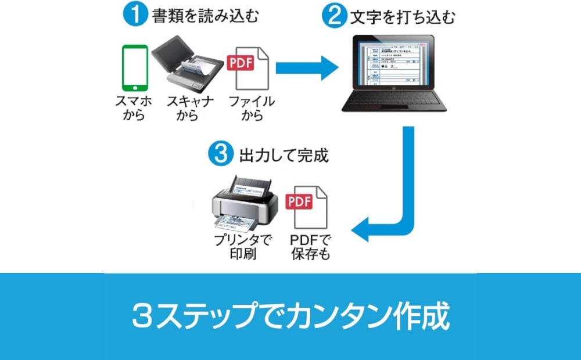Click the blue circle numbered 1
pyautogui.click(x=135, y=15)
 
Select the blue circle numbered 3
pyautogui.click(x=220, y=154)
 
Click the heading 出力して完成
pyautogui.click(x=284, y=155)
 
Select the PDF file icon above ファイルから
pyautogui.click(x=250, y=68)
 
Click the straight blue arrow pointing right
pyautogui.click(x=307, y=69)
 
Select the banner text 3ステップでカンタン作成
pyautogui.click(x=290, y=316)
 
